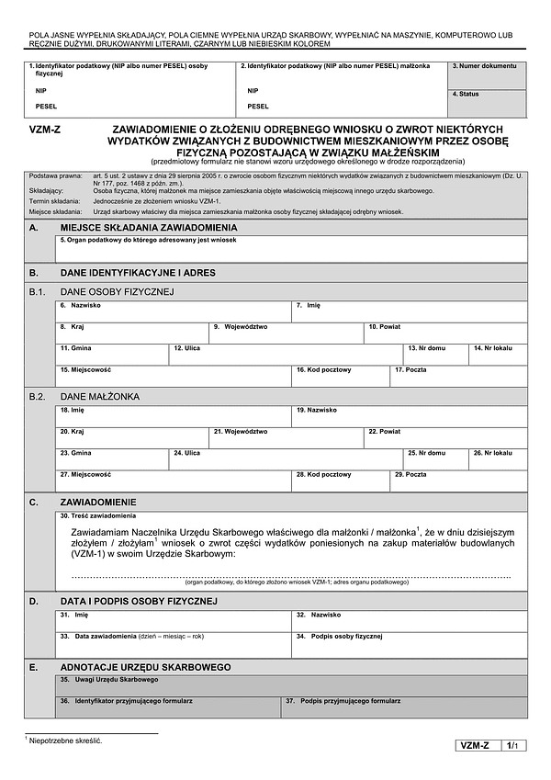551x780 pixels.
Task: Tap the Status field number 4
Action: coord(488,102)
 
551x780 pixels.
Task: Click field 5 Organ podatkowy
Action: coord(291,249)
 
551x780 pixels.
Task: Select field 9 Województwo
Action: coord(287,333)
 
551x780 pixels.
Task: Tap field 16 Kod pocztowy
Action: coord(340,377)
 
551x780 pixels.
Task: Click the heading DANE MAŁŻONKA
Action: coord(99,397)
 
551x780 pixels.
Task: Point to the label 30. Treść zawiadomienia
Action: coord(97,516)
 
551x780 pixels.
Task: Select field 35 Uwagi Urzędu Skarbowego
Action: coord(291,685)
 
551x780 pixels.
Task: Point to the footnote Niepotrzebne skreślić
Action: coord(65,740)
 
